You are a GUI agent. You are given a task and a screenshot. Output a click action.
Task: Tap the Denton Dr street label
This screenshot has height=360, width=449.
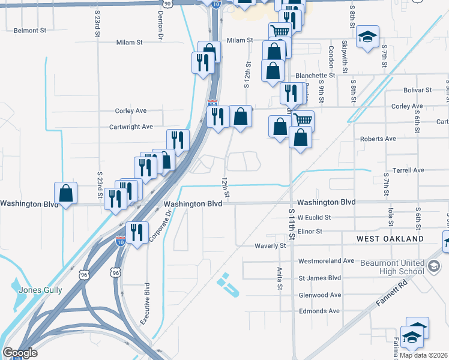click(161, 26)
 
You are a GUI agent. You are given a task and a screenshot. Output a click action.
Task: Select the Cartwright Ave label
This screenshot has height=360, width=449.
click(131, 127)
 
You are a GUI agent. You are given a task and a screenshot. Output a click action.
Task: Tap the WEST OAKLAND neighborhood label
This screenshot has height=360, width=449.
click(390, 239)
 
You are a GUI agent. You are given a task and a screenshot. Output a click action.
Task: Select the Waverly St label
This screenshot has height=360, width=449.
click(270, 245)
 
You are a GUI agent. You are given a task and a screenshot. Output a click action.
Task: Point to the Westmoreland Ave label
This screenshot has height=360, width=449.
click(327, 261)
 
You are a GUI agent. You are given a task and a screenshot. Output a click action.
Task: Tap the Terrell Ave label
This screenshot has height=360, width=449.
click(408, 170)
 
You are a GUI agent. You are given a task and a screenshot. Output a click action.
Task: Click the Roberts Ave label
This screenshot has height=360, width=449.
click(378, 139)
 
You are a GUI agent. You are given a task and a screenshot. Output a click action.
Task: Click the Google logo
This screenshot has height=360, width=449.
click(20, 353)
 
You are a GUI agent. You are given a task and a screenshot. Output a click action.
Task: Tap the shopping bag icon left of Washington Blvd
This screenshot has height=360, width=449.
click(65, 193)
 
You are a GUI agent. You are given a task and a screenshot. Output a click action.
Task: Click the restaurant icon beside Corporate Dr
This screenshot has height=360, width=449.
click(137, 232)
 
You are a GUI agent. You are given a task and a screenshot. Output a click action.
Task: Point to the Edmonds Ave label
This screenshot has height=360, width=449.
click(319, 311)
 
